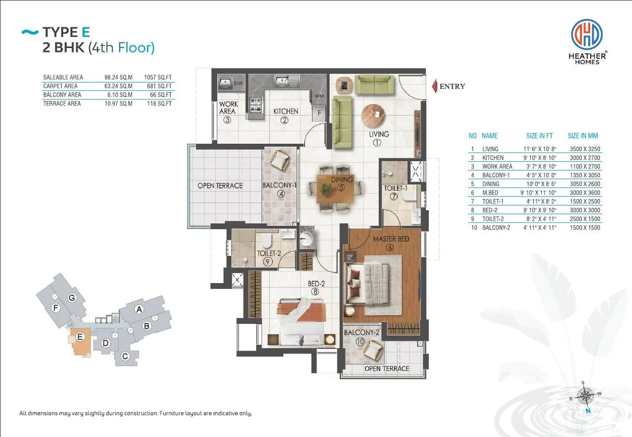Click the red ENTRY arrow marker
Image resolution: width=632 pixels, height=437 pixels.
click(435, 86)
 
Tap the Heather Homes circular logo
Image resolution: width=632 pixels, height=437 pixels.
click(587, 34)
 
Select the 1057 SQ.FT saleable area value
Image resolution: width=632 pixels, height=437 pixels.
click(158, 77)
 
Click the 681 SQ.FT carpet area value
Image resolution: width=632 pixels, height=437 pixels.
click(159, 86)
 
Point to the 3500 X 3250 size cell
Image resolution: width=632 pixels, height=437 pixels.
click(585, 149)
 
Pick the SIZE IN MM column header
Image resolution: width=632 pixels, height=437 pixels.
click(583, 136)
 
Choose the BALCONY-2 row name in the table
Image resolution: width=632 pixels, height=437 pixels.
click(496, 227)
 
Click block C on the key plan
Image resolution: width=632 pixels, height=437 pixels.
click(125, 356)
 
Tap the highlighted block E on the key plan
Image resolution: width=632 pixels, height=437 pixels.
click(80, 341)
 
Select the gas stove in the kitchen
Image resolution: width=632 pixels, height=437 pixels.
click(256, 105)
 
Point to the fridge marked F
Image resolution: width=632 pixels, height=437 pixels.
click(319, 113)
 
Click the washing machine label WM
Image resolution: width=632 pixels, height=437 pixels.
click(319, 96)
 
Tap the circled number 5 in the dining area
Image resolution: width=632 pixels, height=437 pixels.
click(341, 187)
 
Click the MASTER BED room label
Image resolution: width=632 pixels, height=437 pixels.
click(391, 239)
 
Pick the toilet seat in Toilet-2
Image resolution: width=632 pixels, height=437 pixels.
click(266, 240)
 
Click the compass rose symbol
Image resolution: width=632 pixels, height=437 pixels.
click(585, 396)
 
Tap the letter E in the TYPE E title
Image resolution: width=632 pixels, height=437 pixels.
click(86, 32)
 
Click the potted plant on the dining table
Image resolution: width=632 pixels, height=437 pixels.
click(326, 190)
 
